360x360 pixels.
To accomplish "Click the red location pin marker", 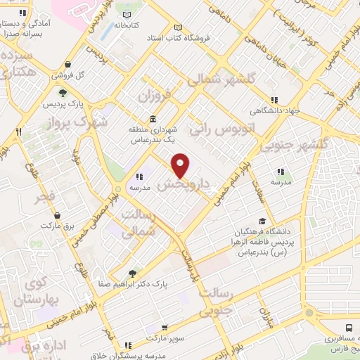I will coord(181,165).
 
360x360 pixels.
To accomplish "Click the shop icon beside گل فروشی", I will coord(56,75).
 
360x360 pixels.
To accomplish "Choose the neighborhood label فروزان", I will coord(155,93).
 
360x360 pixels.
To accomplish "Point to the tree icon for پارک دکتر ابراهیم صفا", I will coord(132,274).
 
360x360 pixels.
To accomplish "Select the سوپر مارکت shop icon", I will coord(164,328).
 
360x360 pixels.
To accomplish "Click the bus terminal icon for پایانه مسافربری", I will coord(349,327).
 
